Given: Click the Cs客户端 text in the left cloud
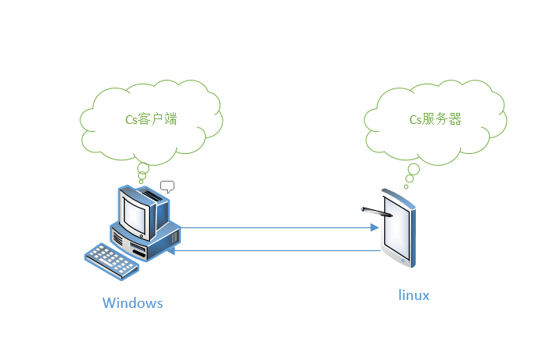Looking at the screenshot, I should click(152, 119).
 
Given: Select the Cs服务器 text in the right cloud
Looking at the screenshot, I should click(434, 119).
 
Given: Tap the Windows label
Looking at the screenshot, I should click(133, 303).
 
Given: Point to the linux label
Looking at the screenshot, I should click(414, 295).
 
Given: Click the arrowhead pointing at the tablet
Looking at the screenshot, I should click(374, 228).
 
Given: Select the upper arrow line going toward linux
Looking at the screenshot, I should click(276, 228).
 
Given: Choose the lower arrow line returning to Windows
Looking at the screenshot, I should click(276, 251).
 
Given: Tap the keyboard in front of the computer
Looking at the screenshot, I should click(111, 260).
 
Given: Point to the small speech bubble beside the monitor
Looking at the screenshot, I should click(167, 187).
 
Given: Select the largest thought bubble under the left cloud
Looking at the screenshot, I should click(143, 168).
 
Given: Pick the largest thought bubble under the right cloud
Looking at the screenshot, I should click(413, 168).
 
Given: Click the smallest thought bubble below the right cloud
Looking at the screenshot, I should click(406, 186).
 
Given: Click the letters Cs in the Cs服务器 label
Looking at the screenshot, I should click(415, 120).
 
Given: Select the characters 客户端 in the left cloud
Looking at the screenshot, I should click(159, 119).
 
